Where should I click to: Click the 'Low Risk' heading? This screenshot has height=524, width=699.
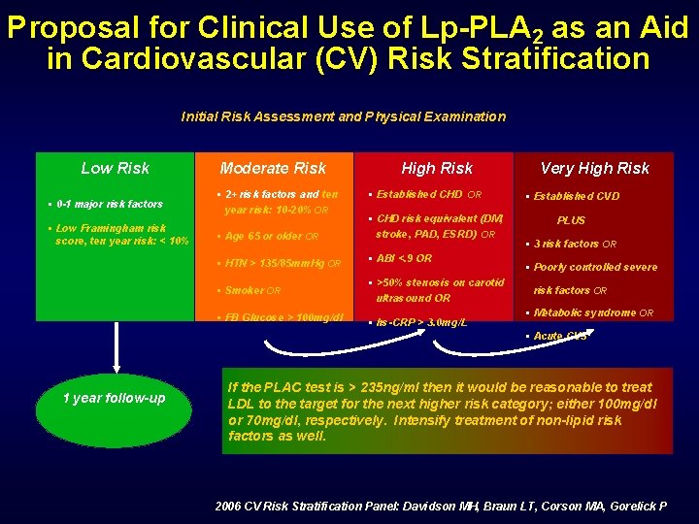(x=115, y=168)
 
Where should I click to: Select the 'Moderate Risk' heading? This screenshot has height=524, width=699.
(x=273, y=168)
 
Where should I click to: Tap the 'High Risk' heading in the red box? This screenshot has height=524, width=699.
(x=437, y=168)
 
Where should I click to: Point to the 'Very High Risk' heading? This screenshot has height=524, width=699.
(x=594, y=168)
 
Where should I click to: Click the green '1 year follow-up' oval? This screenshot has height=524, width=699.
(x=115, y=399)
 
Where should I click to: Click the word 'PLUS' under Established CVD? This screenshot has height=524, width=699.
(x=571, y=220)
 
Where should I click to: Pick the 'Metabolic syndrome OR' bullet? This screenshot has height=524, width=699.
(x=593, y=312)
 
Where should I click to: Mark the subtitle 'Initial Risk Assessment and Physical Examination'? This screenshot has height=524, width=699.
(x=344, y=116)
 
